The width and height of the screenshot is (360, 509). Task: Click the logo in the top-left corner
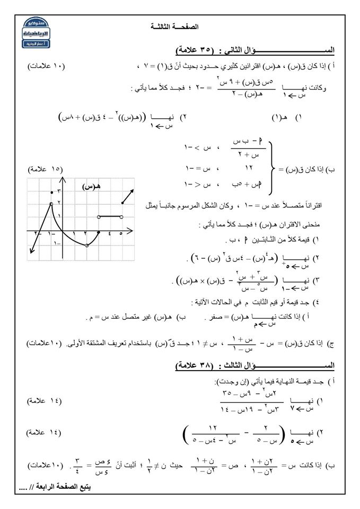37,31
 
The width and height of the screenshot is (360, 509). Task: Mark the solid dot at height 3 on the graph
51,191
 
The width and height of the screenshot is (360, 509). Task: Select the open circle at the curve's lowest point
87,244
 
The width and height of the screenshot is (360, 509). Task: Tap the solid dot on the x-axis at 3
99,232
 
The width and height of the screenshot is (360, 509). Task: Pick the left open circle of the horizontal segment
99,217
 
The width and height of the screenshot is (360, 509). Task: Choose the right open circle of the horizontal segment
122,217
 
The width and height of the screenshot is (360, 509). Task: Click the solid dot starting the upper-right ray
122,203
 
